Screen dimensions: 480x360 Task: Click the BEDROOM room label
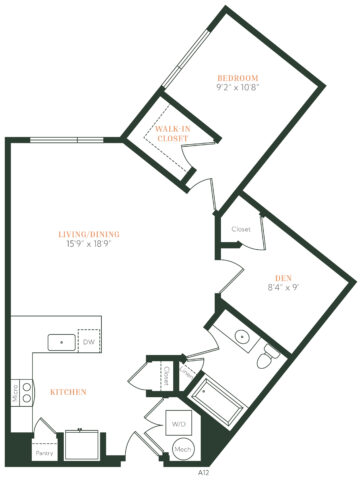click(x=238, y=77)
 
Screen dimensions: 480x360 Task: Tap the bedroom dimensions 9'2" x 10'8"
click(x=238, y=88)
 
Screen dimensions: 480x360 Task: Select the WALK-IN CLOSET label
click(x=173, y=133)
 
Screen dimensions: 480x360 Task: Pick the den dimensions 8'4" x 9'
click(x=283, y=288)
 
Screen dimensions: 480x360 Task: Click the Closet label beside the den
click(x=240, y=229)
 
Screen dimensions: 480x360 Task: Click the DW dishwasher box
click(x=90, y=342)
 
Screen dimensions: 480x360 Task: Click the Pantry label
click(x=42, y=453)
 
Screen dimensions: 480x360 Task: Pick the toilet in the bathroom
click(x=263, y=359)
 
